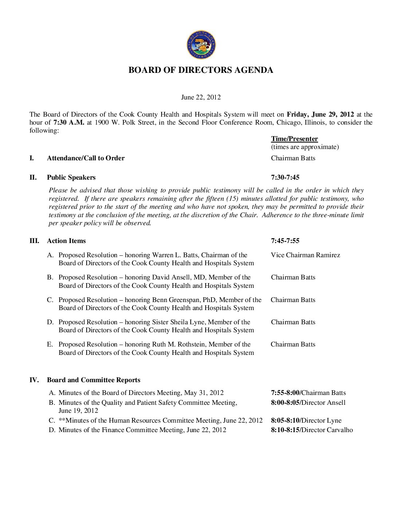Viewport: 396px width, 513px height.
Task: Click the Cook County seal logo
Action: pos(201,45)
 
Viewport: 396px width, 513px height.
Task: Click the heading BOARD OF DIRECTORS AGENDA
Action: pos(201,70)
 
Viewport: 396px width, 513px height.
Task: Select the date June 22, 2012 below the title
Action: pos(201,97)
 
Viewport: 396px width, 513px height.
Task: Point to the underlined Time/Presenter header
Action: pos(294,139)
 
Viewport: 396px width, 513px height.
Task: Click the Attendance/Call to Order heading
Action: pos(86,158)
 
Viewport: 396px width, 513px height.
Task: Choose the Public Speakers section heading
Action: pos(71,177)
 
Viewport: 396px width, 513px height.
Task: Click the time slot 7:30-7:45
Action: pos(285,177)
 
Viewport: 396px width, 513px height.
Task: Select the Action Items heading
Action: pos(66,241)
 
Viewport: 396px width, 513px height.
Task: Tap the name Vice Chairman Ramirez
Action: pos(305,255)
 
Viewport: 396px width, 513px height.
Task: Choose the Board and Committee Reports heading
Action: pos(94,380)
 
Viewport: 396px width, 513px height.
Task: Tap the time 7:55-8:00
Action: pos(285,393)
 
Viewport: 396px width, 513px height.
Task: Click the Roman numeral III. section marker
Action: pos(34,241)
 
